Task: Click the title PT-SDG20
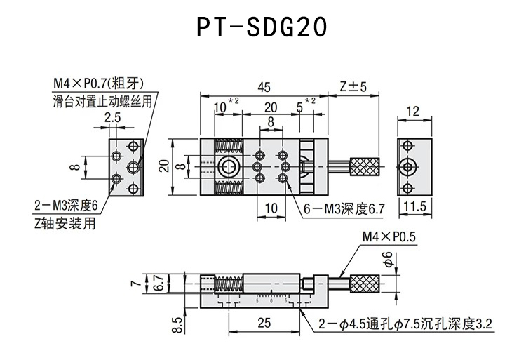coord(261,27)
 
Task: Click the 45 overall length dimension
coord(263,87)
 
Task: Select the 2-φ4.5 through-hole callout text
coord(405,324)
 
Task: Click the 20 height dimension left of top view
coord(163,166)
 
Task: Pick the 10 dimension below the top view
coord(271,208)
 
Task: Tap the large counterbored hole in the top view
coord(228,167)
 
